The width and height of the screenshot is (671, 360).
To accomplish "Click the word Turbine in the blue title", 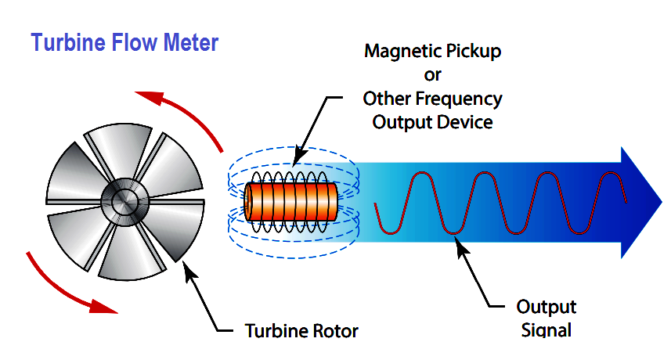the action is (68, 43).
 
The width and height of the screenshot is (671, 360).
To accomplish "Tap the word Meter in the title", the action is (191, 43).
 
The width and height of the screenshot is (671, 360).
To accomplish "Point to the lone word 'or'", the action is (432, 75).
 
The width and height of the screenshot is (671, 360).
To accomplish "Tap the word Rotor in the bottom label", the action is (335, 330).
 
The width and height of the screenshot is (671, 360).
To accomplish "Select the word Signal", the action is (546, 330).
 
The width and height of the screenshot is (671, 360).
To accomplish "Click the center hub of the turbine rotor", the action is (125, 201).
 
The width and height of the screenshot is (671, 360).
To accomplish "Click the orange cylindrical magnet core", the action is (291, 201).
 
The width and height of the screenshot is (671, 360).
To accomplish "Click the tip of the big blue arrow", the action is (662, 203).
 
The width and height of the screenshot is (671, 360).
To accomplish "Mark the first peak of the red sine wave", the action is (422, 173).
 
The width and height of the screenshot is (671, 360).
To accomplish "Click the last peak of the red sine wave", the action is (611, 173).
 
